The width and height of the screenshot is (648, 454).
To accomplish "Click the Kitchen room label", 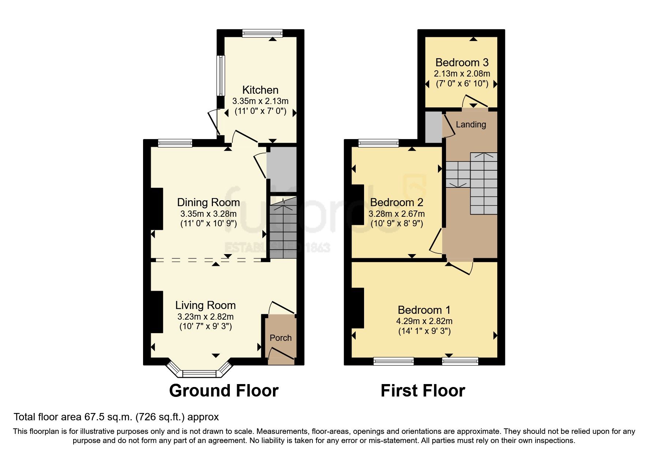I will tap(260, 90).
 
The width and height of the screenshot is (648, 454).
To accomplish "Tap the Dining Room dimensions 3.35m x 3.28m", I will tap(208, 214).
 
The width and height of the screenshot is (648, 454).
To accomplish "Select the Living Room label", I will tap(205, 305).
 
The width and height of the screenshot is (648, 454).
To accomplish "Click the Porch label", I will tap(281, 338).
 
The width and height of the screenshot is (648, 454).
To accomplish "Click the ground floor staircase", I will tap(283, 229).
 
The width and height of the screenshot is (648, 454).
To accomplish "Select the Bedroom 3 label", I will tap(462, 63).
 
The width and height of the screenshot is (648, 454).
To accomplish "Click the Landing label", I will tap(471, 124).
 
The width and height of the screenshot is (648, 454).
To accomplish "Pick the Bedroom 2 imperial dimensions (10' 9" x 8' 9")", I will tap(397, 223).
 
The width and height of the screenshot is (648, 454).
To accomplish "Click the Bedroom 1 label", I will tap(424, 310).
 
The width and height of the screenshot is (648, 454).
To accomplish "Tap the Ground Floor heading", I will tap(224, 391).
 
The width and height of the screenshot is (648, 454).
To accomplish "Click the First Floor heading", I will tap(423, 391).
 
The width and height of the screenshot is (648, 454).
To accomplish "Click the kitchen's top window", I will tap(262, 33).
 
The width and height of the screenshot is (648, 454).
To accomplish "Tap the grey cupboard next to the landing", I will tap(434, 127).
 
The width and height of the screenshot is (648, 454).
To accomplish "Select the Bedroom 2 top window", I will tap(379, 143).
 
